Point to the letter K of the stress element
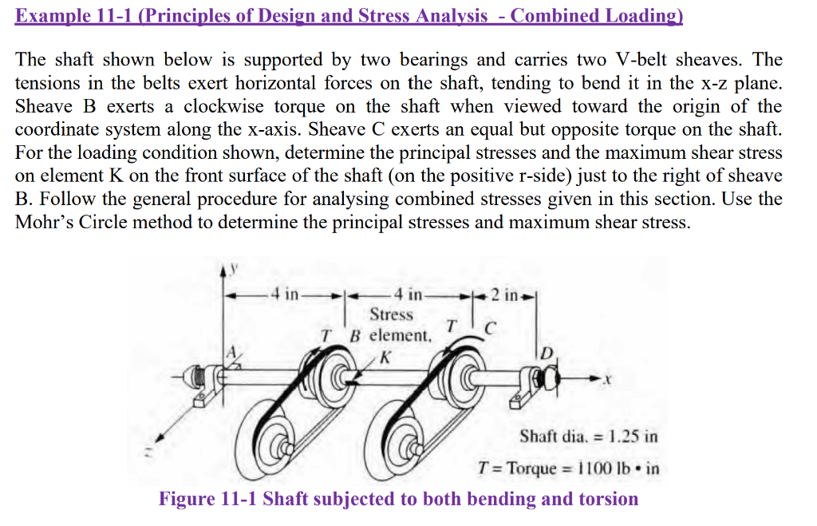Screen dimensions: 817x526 point(385,357)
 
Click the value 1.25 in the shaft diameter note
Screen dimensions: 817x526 point(622,437)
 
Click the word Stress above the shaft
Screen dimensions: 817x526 point(391,314)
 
